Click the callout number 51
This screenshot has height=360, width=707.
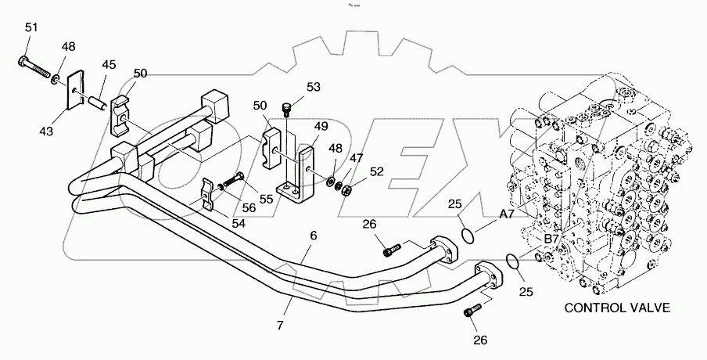(31, 29)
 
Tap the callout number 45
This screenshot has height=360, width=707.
(109, 64)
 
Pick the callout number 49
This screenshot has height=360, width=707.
(321, 126)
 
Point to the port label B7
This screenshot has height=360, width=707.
(551, 239)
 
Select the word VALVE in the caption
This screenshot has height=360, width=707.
(651, 308)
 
